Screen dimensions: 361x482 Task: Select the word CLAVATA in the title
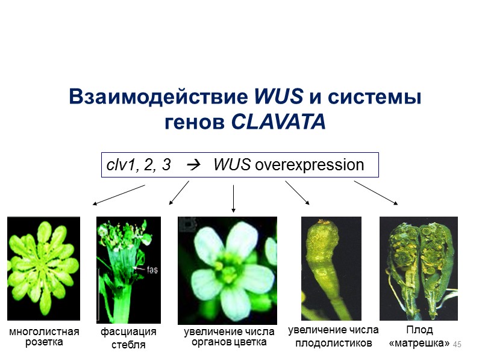(278, 122)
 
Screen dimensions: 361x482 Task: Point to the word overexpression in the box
(310, 165)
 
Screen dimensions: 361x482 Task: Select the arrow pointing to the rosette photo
(119, 196)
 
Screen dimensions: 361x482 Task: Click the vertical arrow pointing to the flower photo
(233, 199)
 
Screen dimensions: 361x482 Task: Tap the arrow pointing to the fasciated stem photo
(179, 193)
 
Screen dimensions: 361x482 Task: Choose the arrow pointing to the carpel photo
(297, 193)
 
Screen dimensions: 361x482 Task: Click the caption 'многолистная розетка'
(43, 337)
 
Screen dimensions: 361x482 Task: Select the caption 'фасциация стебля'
(128, 338)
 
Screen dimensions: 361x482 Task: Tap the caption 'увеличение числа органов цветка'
(229, 337)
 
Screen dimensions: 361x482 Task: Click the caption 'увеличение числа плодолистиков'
(333, 336)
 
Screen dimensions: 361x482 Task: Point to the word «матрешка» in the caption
(419, 343)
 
